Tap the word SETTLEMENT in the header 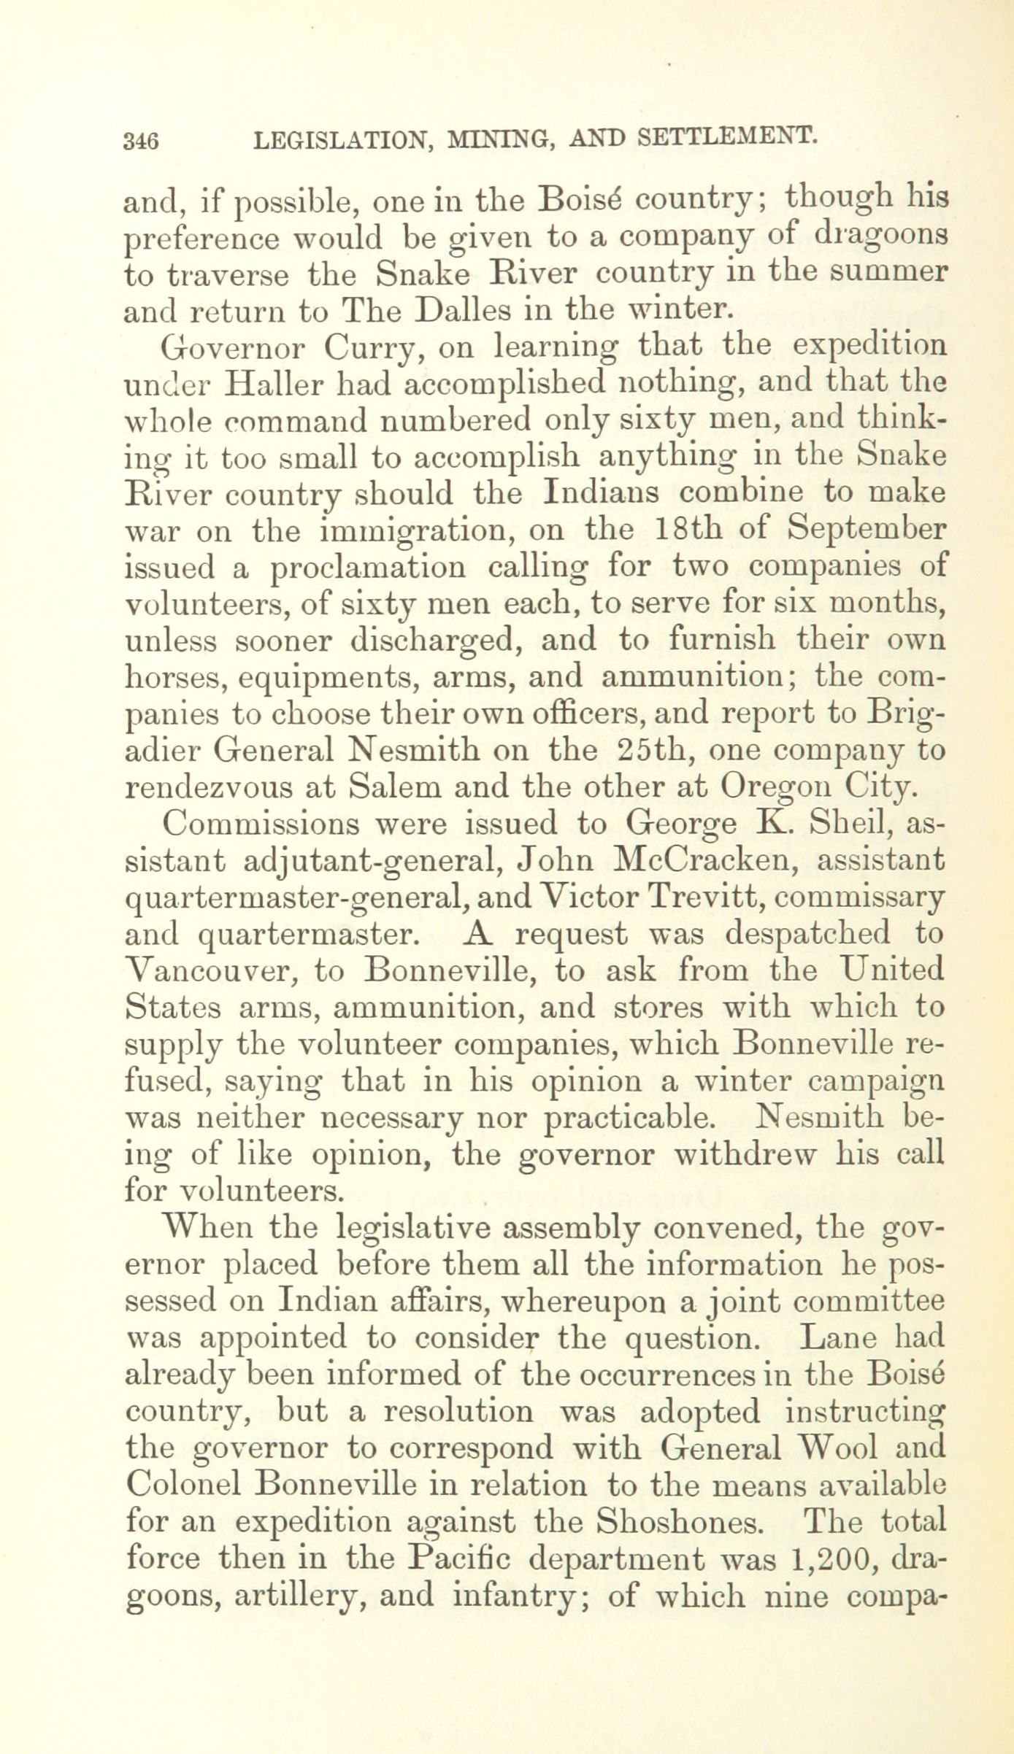point(726,136)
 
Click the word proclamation point(367,568)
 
